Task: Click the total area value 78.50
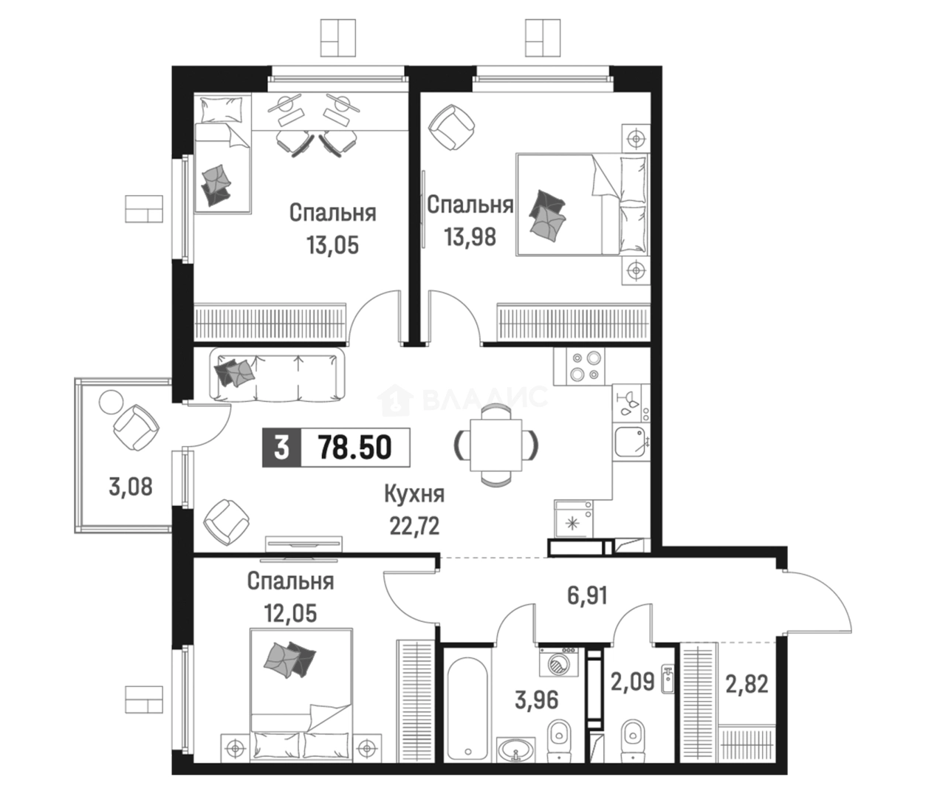click(x=354, y=448)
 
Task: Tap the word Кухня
click(x=414, y=495)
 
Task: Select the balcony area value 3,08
click(x=131, y=487)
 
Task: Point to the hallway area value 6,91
click(x=587, y=596)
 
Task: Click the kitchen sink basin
click(x=630, y=440)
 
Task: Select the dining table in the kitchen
click(x=496, y=445)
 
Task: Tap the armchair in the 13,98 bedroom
click(x=451, y=128)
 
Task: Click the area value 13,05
click(x=333, y=245)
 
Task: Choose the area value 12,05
click(x=291, y=613)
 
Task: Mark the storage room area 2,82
click(x=747, y=684)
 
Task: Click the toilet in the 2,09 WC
click(x=634, y=742)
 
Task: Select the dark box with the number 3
click(x=281, y=448)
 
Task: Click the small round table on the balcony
click(x=110, y=402)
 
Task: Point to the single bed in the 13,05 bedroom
click(x=223, y=154)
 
